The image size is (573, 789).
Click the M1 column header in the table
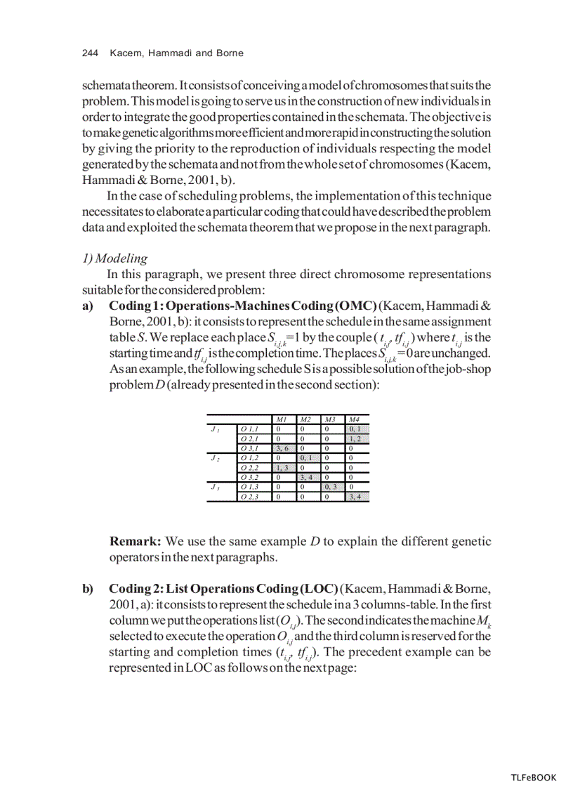coord(282,419)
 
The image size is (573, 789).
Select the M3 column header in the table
coord(331,419)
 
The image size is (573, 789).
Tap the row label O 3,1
coord(250,448)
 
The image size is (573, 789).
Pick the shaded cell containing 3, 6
coord(283,448)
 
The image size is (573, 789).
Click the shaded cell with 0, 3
coord(332,487)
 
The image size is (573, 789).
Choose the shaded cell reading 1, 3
coord(283,467)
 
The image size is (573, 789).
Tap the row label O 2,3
coord(250,497)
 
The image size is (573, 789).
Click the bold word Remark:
coord(136,542)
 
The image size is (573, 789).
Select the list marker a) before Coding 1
coord(88,306)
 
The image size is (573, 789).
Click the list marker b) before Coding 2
coord(88,588)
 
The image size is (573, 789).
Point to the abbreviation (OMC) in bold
coord(356,306)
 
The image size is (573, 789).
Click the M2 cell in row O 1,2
coord(308,457)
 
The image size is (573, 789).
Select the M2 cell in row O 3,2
coord(308,477)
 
